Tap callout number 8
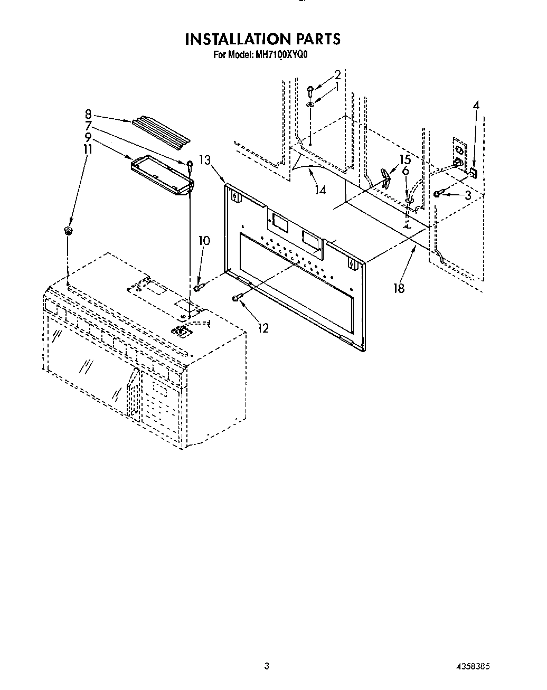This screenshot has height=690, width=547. (88, 114)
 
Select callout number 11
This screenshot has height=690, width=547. (88, 149)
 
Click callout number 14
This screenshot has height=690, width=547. (320, 190)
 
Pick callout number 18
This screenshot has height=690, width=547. (399, 288)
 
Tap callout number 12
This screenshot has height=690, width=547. (263, 328)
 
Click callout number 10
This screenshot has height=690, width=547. (204, 241)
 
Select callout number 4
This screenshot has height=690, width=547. (476, 106)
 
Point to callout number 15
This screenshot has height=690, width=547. (404, 159)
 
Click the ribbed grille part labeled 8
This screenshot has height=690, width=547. (161, 130)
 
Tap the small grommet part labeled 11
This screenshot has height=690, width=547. (68, 230)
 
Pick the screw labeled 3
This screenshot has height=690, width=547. (438, 194)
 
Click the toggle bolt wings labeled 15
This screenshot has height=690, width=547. (386, 177)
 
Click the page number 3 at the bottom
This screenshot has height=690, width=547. (267, 666)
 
